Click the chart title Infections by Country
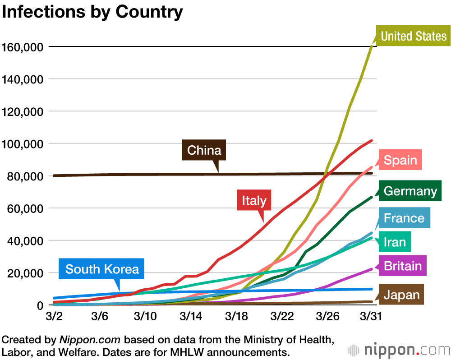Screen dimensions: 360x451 click(x=92, y=12)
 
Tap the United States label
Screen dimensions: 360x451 click(x=414, y=36)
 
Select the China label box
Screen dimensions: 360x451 click(x=204, y=150)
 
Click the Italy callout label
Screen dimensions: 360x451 click(x=254, y=200)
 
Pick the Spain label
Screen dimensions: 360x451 click(x=400, y=160)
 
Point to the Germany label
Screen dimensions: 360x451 click(x=410, y=191)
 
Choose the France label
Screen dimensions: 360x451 click(x=404, y=218)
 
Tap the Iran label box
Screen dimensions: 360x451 click(x=395, y=242)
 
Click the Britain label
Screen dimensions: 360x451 click(x=403, y=266)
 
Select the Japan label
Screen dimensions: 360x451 click(x=401, y=295)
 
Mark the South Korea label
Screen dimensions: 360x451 click(x=102, y=269)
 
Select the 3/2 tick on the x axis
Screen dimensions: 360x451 click(x=54, y=316)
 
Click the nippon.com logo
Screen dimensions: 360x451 click(x=399, y=350)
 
